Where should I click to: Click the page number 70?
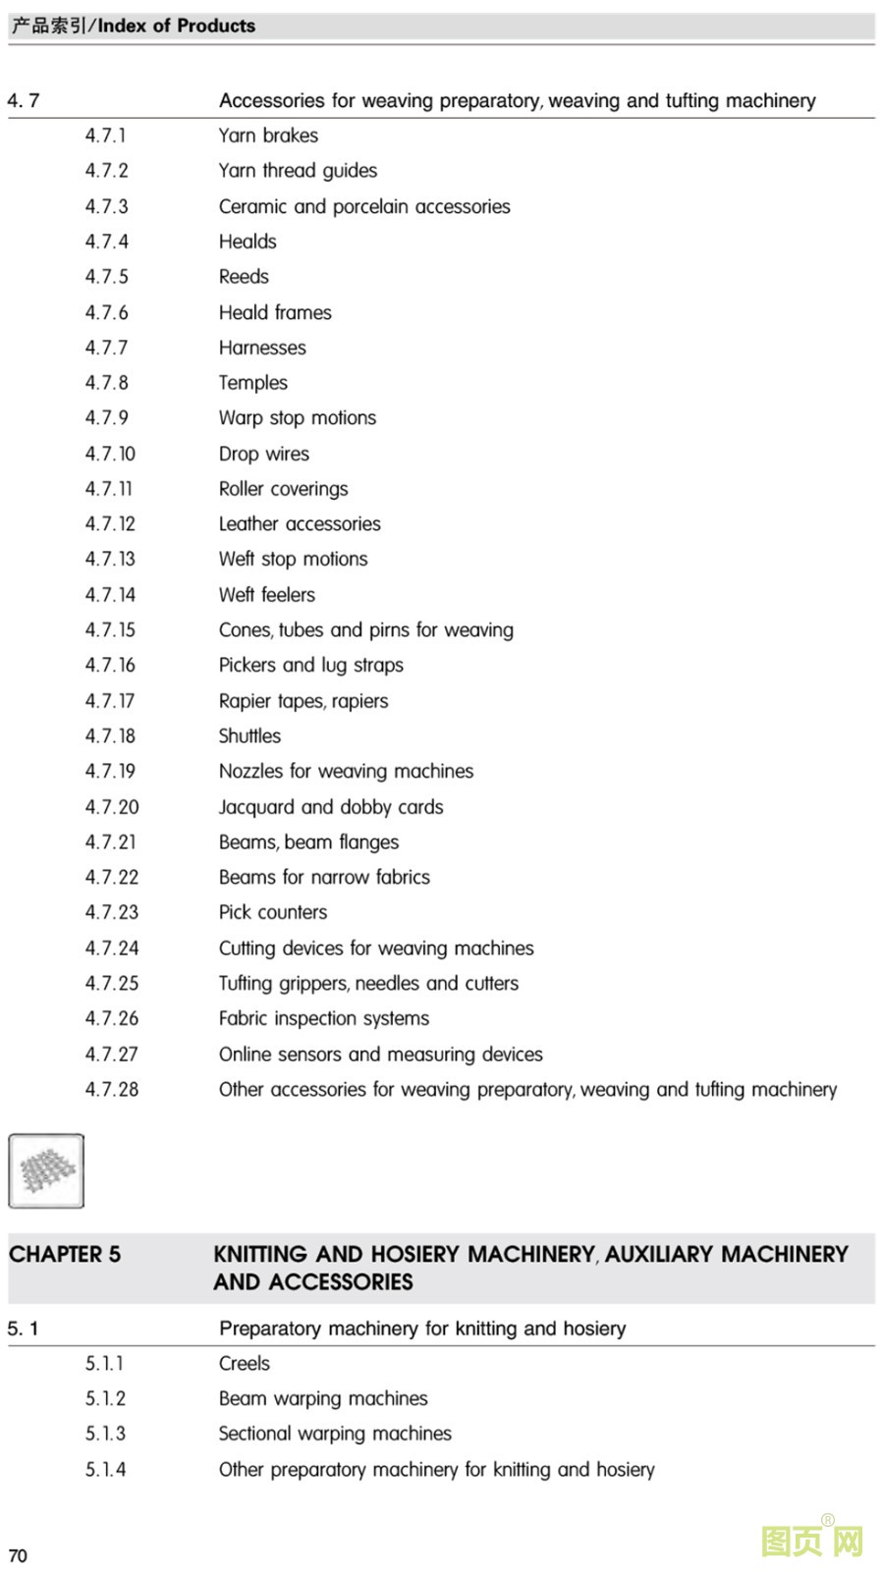18,1555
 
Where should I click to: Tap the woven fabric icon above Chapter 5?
46,1170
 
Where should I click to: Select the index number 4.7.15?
110,629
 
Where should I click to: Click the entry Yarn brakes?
268,135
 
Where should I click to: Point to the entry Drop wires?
263,454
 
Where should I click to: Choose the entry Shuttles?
249,735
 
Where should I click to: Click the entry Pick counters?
272,912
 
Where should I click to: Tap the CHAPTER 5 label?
65,1254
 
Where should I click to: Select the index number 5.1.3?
105,1434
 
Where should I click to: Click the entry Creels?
244,1363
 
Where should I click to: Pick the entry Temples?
252,383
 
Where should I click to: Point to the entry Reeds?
244,277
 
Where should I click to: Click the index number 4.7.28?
112,1089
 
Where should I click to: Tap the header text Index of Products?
176,26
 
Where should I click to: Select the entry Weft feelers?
266,595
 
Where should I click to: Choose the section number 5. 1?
23,1328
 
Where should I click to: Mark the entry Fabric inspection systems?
323,1018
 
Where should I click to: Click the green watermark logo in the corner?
812,1540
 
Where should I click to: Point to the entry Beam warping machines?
323,1398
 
